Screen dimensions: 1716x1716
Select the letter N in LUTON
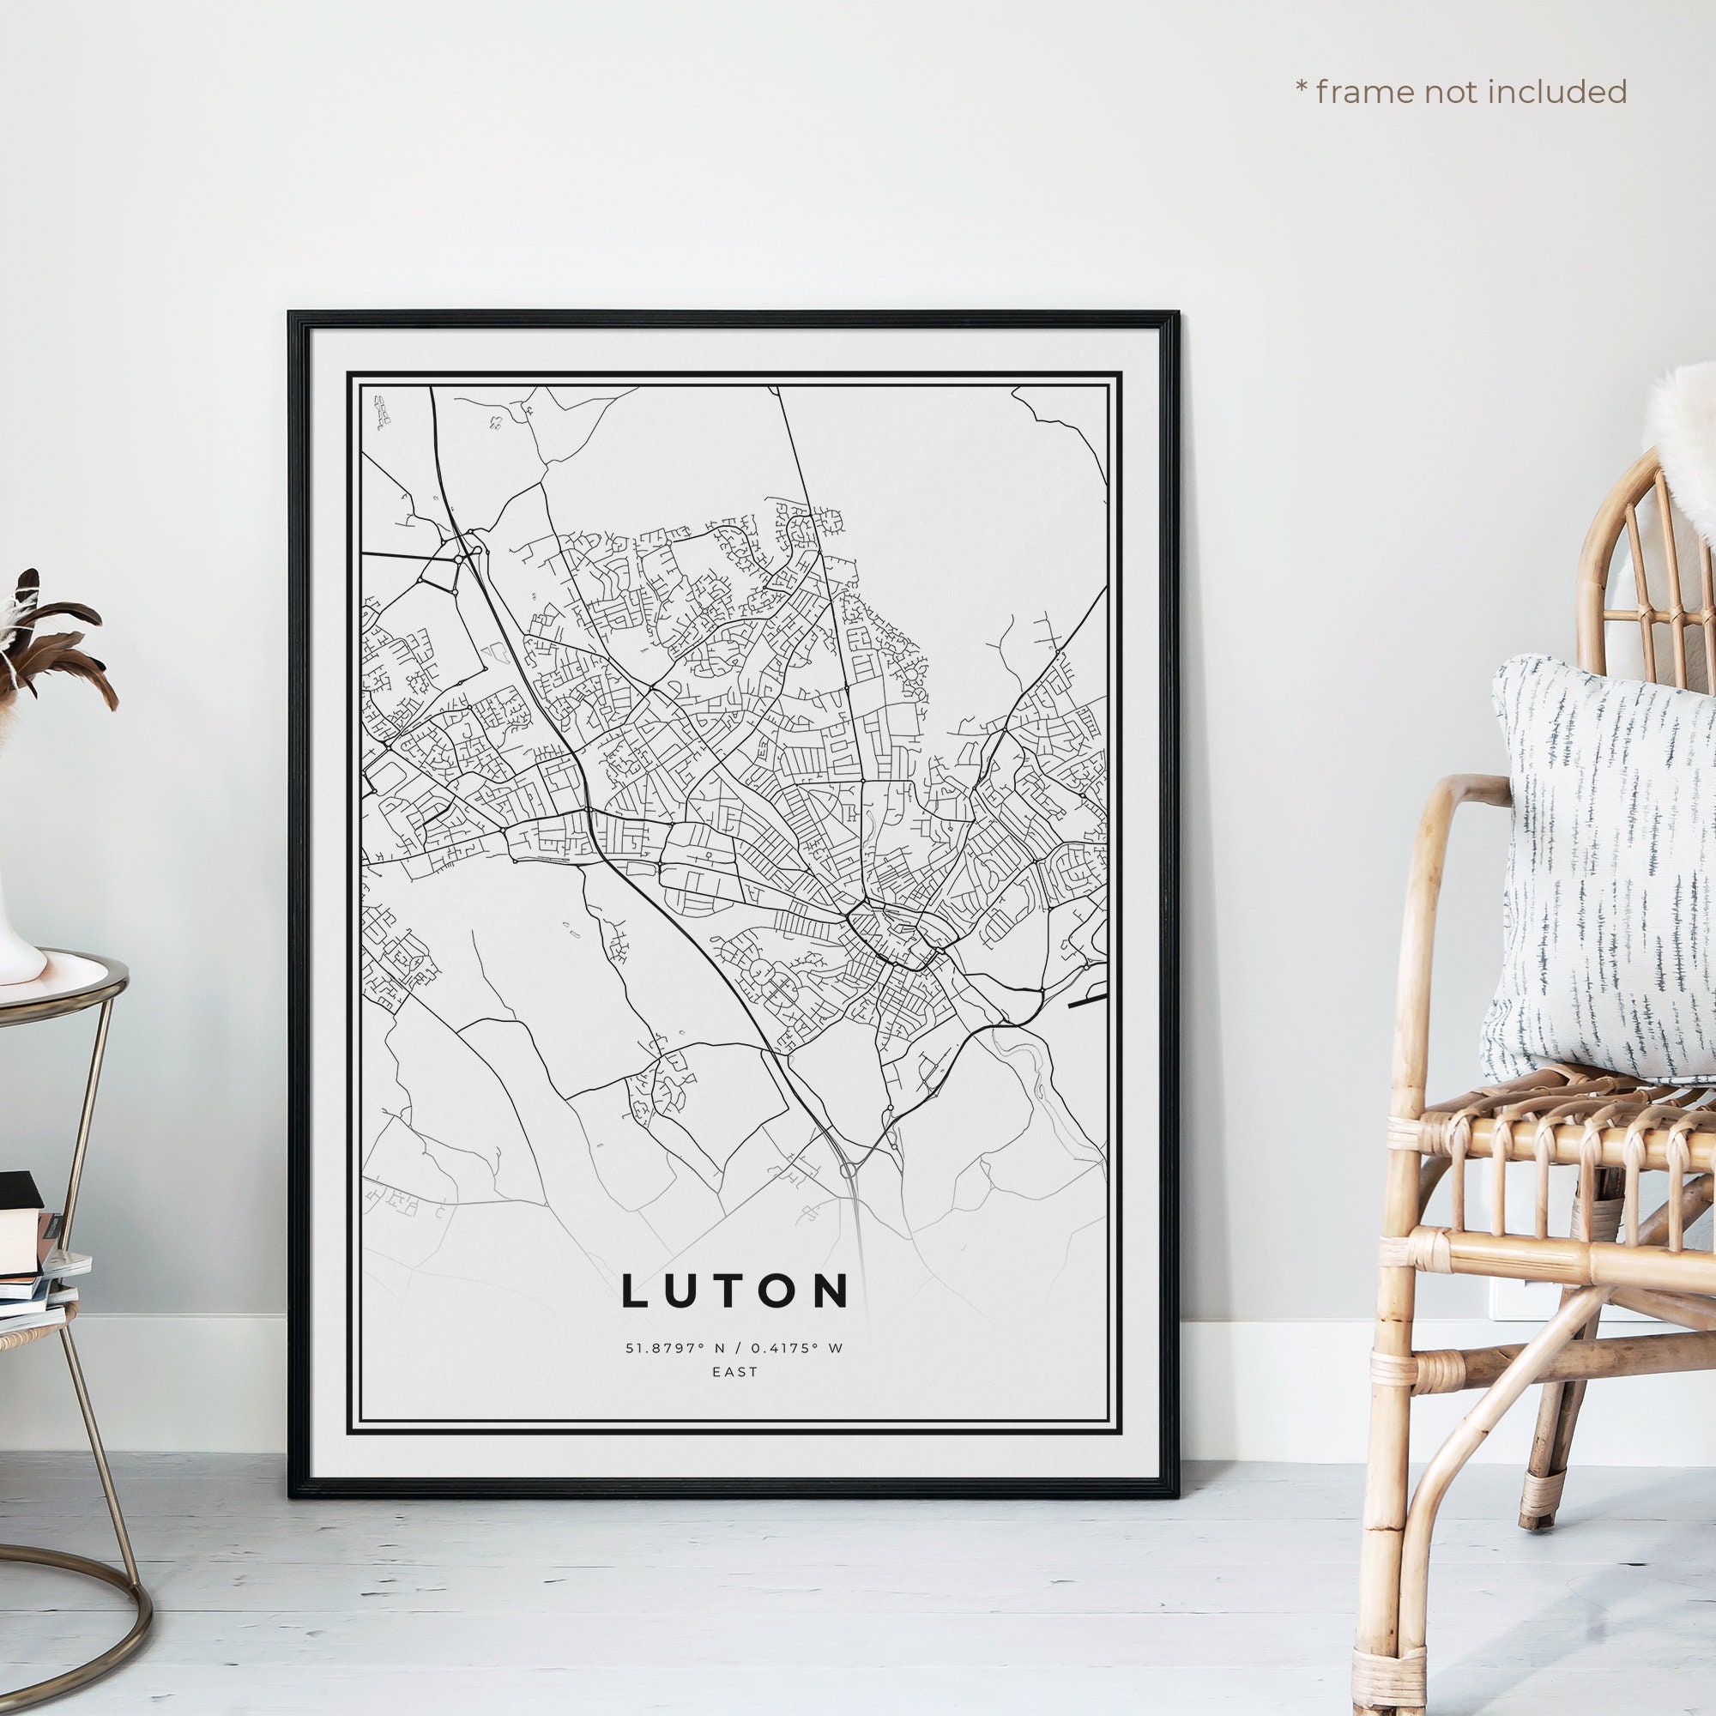(830, 1291)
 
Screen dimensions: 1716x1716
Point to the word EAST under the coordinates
(735, 1371)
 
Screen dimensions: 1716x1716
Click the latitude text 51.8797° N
(664, 1348)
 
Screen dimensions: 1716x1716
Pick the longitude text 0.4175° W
(799, 1348)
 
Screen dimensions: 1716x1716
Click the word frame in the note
(1364, 92)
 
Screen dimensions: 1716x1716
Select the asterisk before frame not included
(1302, 89)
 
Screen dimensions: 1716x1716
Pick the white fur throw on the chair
(1679, 444)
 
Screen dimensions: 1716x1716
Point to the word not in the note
(1455, 92)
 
